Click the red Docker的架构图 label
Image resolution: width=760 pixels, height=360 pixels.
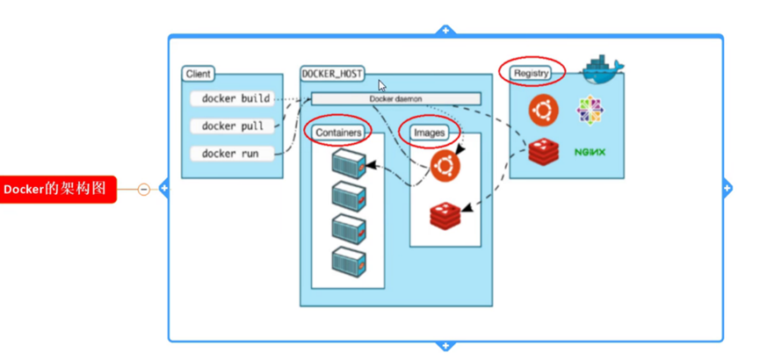pyautogui.click(x=58, y=189)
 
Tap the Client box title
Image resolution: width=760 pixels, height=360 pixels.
pyautogui.click(x=198, y=75)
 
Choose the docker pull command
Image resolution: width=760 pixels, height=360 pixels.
pyautogui.click(x=232, y=126)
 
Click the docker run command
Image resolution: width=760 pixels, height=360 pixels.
pyautogui.click(x=229, y=154)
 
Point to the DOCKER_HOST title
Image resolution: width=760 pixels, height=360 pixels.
pyautogui.click(x=332, y=74)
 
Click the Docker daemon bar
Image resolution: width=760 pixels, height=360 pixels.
pyautogui.click(x=396, y=98)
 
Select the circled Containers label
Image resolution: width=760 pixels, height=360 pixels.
pyautogui.click(x=339, y=133)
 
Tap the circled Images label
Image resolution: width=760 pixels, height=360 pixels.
pyautogui.click(x=430, y=133)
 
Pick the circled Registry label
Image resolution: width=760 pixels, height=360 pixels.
pyautogui.click(x=532, y=72)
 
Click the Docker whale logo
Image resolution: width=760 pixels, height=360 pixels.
pyautogui.click(x=603, y=68)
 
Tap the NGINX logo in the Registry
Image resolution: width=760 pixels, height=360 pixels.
pyautogui.click(x=590, y=152)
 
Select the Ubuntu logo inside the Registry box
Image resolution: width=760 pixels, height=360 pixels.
pyautogui.click(x=544, y=110)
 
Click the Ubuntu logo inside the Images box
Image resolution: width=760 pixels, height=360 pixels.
pyautogui.click(x=445, y=164)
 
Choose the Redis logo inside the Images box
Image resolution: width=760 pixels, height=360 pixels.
pyautogui.click(x=445, y=214)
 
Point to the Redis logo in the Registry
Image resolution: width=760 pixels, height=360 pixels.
pyautogui.click(x=544, y=152)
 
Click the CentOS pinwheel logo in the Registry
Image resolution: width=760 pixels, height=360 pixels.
pyautogui.click(x=590, y=110)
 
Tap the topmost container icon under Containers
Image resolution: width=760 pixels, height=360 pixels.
pyautogui.click(x=348, y=162)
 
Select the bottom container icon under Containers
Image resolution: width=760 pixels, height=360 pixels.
pyautogui.click(x=348, y=260)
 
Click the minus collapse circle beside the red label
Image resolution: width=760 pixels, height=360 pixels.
pyautogui.click(x=143, y=189)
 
